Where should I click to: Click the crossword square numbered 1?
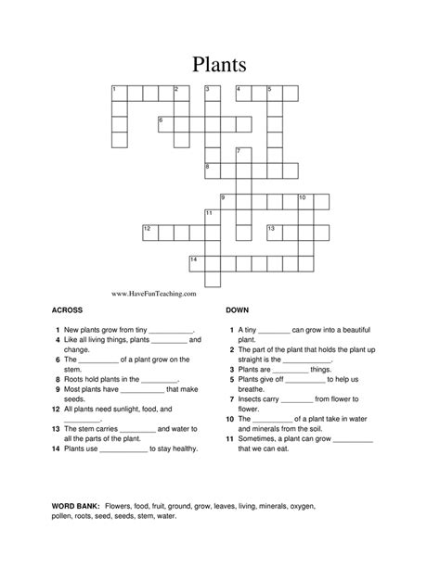pyautogui.click(x=118, y=92)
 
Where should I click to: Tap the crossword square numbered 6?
pyautogui.click(x=165, y=122)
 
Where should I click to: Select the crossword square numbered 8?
pyautogui.click(x=212, y=170)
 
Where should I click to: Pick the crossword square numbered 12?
pyautogui.click(x=149, y=231)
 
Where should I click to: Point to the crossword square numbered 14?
pyautogui.click(x=196, y=262)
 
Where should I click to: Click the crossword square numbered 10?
pyautogui.click(x=304, y=200)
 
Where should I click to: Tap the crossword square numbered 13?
pyautogui.click(x=274, y=231)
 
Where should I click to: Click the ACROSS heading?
pyautogui.click(x=68, y=311)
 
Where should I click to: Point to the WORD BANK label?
pyautogui.click(x=73, y=507)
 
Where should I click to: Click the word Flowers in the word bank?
pyautogui.click(x=121, y=507)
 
